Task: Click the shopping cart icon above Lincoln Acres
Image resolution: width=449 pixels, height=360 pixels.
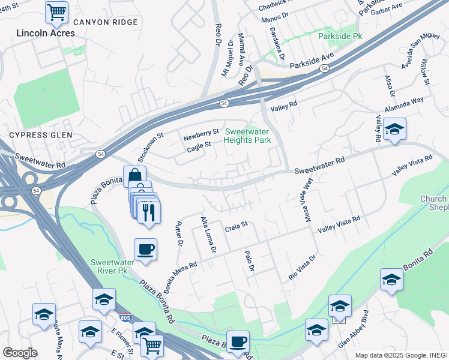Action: pos(56,11)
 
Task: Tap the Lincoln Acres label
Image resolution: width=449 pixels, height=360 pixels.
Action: pos(46,33)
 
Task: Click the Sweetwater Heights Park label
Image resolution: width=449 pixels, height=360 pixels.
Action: pos(247,136)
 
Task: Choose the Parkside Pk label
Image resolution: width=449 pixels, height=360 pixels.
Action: pos(340,36)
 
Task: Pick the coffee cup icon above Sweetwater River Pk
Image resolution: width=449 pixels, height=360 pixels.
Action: pos(145,248)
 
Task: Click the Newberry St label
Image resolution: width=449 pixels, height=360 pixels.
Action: pos(202,133)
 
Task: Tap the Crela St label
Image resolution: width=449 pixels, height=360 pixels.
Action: pos(237,226)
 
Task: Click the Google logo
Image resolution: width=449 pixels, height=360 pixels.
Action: pos(20,353)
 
